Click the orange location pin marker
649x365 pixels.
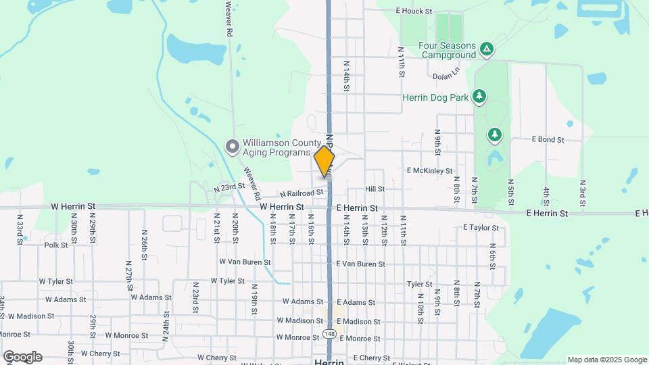click(x=324, y=161)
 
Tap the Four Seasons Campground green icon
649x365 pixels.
click(x=486, y=49)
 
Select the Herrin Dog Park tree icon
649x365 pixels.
click(x=479, y=97)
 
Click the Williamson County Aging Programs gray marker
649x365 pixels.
click(x=232, y=146)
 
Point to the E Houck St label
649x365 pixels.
click(x=414, y=11)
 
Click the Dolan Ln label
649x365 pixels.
click(x=446, y=76)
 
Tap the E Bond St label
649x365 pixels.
click(x=548, y=139)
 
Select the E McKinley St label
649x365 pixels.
click(x=429, y=171)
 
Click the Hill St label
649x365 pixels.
click(x=375, y=189)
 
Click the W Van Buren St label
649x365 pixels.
click(x=245, y=262)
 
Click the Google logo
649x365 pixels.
click(x=22, y=357)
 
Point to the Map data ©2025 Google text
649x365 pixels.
click(x=607, y=360)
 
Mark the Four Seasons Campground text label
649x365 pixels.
click(x=448, y=50)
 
